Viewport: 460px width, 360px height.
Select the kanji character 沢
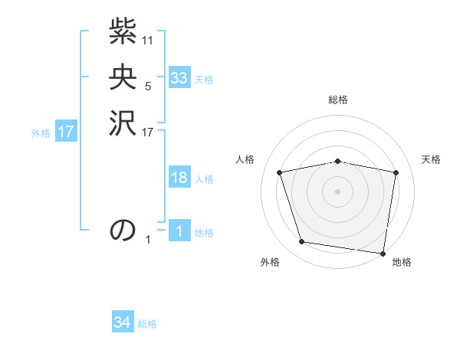(123, 123)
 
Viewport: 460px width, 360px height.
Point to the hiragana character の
(123, 230)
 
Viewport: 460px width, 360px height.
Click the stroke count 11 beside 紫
(148, 40)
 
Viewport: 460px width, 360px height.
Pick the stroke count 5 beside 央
(148, 87)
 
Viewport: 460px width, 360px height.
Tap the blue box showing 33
(179, 78)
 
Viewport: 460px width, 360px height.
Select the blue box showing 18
(179, 178)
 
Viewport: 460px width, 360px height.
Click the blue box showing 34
(122, 323)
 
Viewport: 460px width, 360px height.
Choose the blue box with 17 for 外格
(66, 132)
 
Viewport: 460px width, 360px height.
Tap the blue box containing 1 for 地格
(179, 231)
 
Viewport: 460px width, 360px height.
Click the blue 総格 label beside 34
(147, 325)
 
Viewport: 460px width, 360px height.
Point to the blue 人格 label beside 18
(204, 179)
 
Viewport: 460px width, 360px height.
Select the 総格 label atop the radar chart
(338, 100)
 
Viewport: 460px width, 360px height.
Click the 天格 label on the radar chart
(432, 159)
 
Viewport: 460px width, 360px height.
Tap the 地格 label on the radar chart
(402, 263)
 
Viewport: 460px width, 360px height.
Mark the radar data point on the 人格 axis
(280, 172)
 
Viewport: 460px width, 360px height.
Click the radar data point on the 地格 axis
(383, 253)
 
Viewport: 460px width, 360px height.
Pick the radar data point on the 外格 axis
(302, 242)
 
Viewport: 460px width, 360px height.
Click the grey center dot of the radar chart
(338, 191)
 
